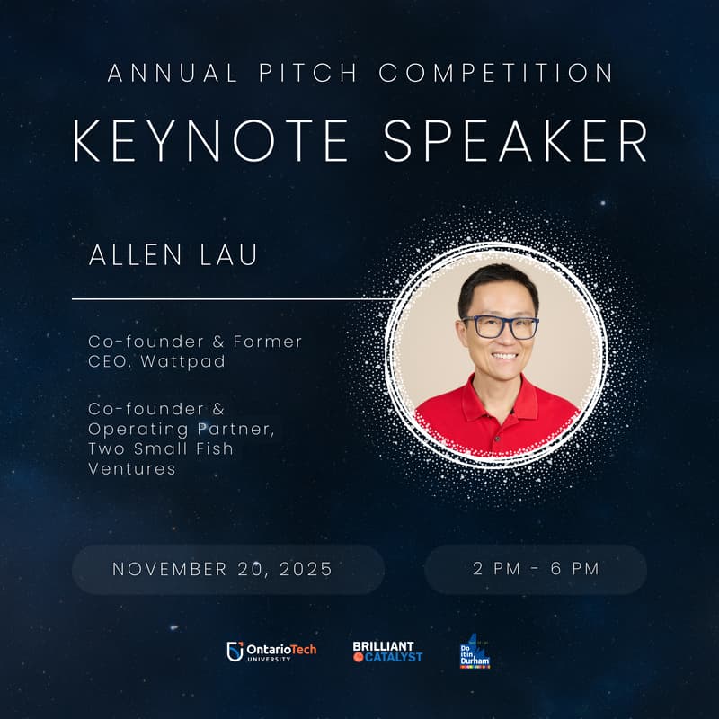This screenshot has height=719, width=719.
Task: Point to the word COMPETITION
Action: [496, 73]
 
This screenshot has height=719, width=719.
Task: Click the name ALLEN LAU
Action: [173, 254]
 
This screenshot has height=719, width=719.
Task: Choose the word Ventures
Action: [132, 468]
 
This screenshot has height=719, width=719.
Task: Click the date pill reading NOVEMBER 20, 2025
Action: [223, 569]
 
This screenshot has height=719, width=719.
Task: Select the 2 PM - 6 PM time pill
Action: [536, 569]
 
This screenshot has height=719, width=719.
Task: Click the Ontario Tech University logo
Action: [271, 652]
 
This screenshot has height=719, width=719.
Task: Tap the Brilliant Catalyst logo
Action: [387, 652]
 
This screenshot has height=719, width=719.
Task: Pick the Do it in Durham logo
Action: [474, 652]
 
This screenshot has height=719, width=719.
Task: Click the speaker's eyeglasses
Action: [499, 326]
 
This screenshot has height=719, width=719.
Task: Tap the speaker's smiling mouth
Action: [504, 356]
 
